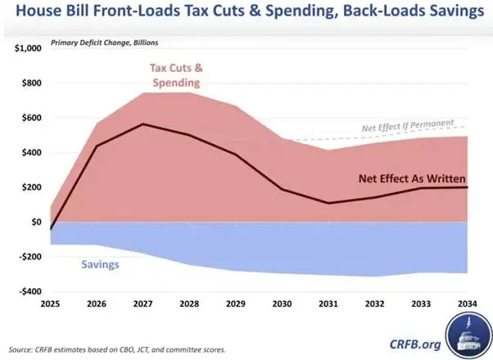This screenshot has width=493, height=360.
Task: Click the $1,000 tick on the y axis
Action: pos(28,48)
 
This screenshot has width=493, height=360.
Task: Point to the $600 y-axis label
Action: pos(32,118)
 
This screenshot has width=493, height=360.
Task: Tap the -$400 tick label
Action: pos(30,291)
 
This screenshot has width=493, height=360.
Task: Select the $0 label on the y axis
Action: pos(37,222)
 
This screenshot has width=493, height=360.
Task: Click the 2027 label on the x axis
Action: pos(142,304)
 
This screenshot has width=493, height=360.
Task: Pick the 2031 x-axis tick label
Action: pos(328,304)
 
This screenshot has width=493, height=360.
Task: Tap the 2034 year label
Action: pos(468,304)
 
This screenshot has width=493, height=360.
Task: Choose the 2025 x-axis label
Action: pos(50,304)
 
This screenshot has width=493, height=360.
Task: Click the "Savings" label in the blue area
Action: pos(100,264)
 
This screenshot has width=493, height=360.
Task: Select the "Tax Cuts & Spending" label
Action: pos(176,75)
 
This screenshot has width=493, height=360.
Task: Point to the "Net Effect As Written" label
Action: pos(412,178)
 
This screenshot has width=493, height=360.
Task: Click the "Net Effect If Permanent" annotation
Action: pos(408,125)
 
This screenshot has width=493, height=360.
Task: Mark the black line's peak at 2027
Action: pos(143,124)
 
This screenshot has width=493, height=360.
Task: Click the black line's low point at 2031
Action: pos(328,203)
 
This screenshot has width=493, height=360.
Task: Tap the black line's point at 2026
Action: pos(97,146)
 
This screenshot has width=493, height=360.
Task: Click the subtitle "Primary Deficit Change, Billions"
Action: pos(104,43)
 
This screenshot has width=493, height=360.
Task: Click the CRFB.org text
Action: pos(415,344)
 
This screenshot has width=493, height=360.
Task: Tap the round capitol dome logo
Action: pos(468,335)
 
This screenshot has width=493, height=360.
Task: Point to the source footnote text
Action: pos(117,349)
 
